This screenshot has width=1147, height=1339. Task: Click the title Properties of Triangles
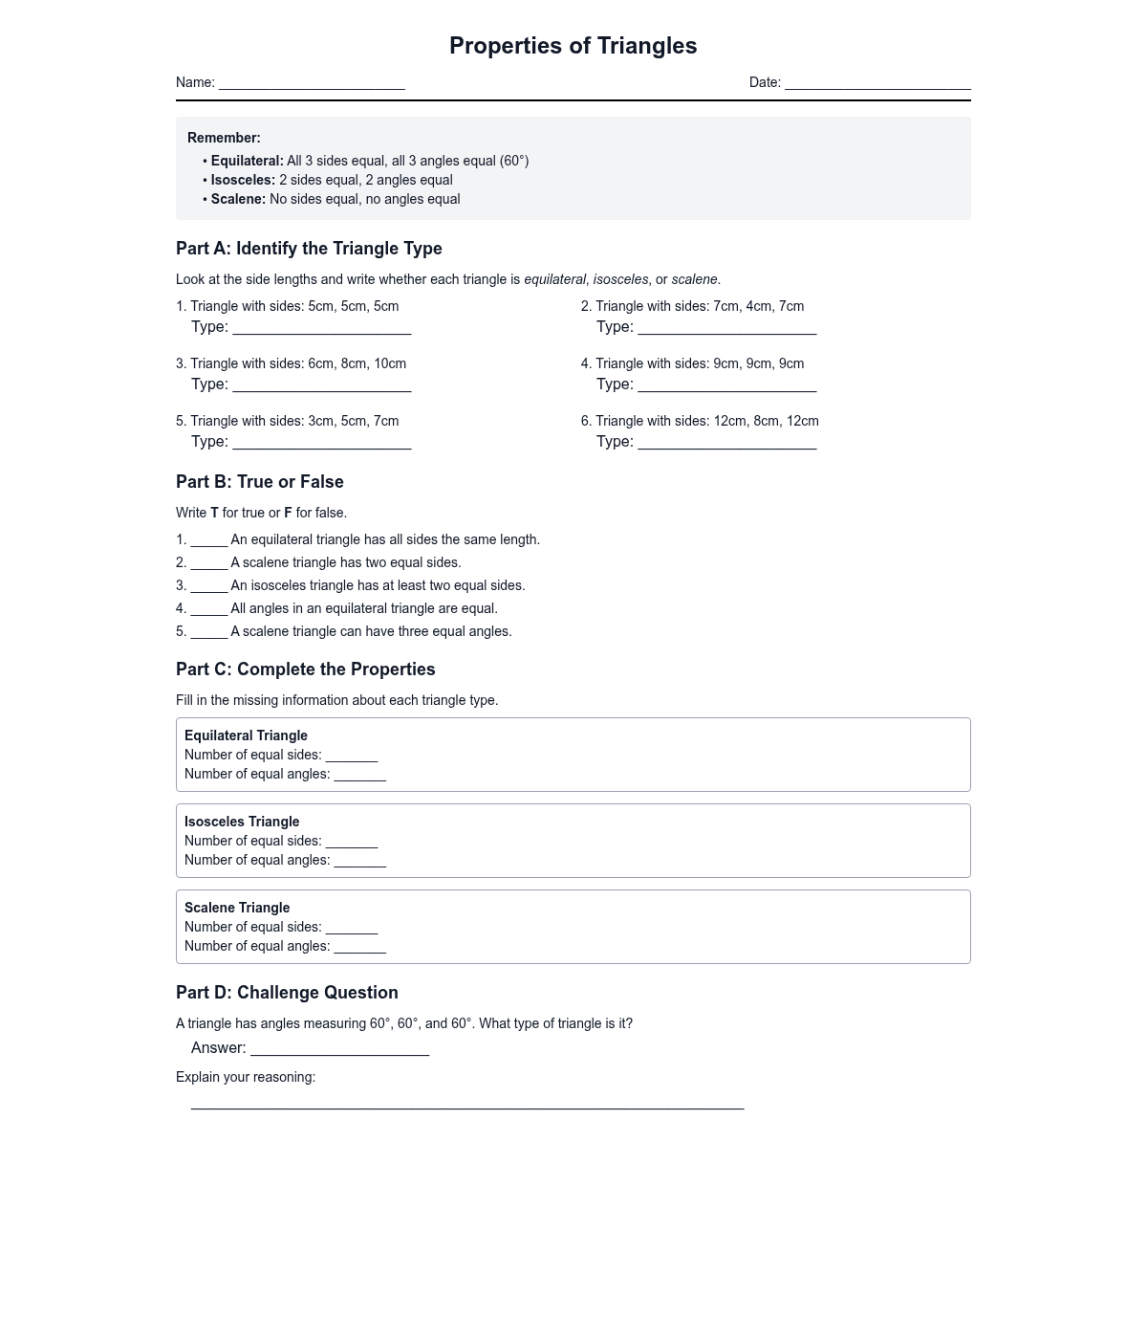573,46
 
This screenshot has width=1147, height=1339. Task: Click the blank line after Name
312,84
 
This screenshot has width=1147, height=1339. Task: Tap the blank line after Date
877,84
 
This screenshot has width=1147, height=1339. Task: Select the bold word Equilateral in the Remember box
247,161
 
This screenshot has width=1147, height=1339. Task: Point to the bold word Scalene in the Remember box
238,199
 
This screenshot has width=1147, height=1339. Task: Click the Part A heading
309,249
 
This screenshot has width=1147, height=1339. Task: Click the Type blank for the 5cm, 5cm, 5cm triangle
322,329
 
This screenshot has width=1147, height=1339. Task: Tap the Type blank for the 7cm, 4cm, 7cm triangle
727,329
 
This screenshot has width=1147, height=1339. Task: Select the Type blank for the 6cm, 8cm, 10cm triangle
322,386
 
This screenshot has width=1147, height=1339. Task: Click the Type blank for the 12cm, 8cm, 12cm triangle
727,444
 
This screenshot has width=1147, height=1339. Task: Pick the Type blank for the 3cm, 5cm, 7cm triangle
322,444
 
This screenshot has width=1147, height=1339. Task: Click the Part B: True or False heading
260,482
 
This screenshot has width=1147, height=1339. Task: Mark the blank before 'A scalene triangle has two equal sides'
209,564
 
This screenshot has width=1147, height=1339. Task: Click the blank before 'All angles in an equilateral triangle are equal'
209,610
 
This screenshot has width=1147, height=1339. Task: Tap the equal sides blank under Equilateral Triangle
352,757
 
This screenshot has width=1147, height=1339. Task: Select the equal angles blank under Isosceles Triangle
360,862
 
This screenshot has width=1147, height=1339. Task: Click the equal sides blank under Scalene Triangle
352,929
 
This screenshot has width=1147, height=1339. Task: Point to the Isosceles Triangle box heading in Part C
242,822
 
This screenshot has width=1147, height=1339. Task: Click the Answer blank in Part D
339,1050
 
